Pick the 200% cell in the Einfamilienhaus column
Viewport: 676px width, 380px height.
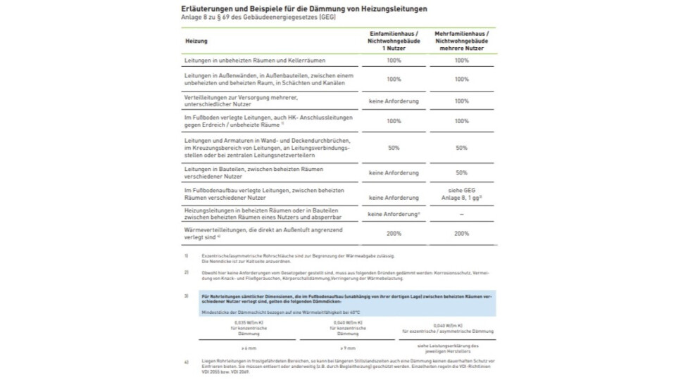click(x=393, y=233)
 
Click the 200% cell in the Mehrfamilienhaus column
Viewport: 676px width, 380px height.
click(x=461, y=233)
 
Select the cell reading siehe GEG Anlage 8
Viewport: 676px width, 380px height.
click(x=461, y=194)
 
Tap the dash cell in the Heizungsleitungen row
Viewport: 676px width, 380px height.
click(x=461, y=213)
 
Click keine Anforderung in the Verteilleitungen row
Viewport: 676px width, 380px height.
click(x=393, y=101)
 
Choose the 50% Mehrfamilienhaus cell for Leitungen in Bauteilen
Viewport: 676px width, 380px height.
click(x=461, y=172)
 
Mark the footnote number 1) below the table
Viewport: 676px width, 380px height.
click(x=187, y=255)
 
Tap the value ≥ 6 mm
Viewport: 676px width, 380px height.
click(x=249, y=348)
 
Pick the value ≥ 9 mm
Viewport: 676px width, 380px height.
click(x=348, y=348)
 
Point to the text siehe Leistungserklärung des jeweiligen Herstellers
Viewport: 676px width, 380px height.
click(x=448, y=348)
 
